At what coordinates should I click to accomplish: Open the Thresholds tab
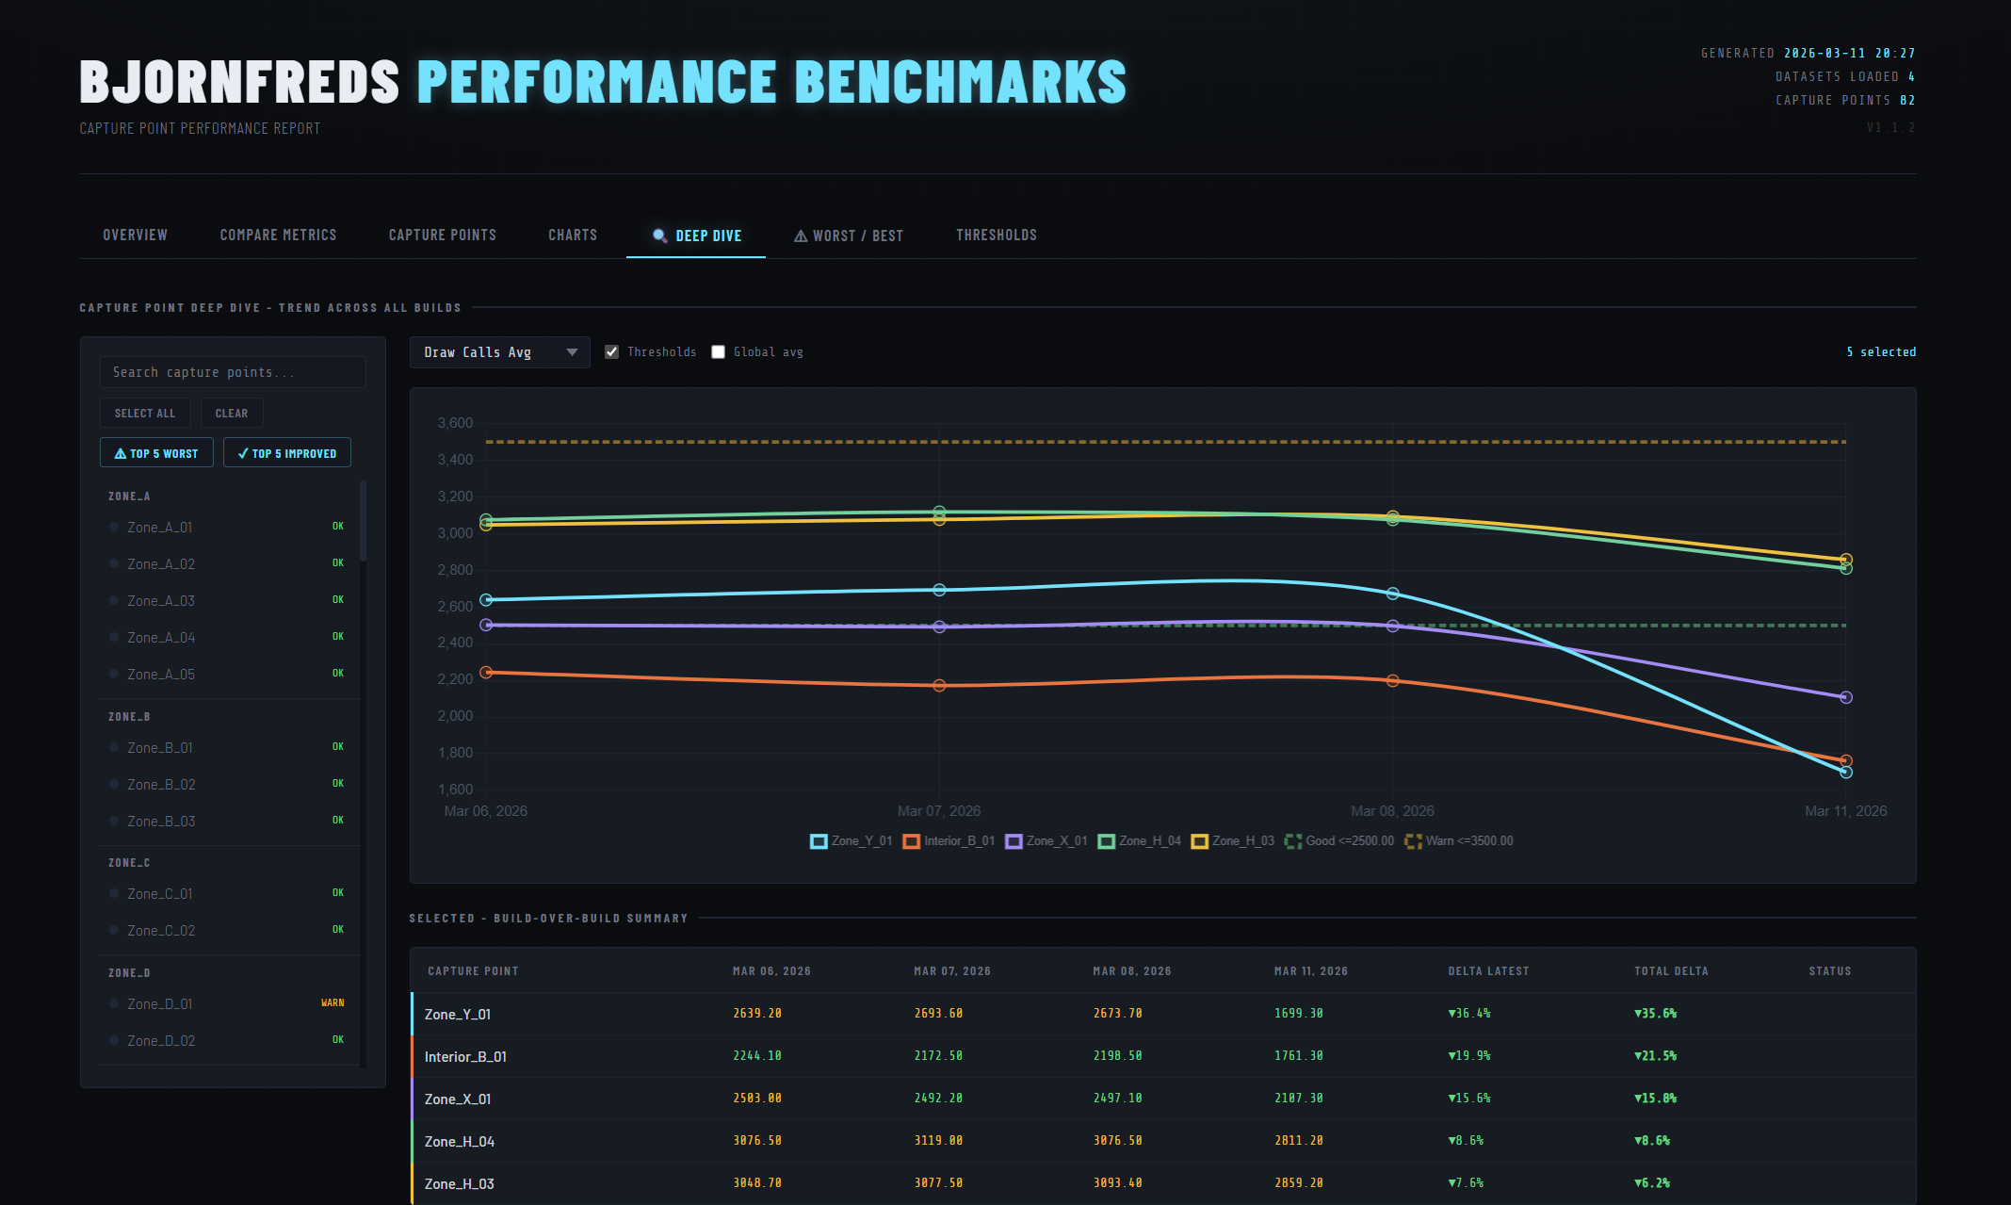996,236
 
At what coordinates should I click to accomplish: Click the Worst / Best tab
849,236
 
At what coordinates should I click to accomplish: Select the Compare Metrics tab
278,236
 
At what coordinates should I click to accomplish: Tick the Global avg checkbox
719,352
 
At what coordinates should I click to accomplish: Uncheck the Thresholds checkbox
612,352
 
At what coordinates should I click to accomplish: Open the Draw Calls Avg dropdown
499,352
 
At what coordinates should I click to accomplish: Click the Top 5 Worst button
156,453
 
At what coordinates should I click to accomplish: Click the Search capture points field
233,372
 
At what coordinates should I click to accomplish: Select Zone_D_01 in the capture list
160,1004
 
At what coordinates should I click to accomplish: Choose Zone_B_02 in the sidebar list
161,785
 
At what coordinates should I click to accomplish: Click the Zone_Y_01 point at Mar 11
1845,773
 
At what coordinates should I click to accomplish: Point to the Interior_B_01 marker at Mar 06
486,673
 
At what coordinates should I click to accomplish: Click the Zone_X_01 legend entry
1046,841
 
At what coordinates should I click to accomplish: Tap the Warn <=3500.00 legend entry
1459,841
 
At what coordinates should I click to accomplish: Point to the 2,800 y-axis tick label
455,570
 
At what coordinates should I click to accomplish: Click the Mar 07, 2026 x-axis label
938,811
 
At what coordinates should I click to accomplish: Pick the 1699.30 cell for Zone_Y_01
1298,1014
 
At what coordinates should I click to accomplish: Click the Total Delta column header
1670,971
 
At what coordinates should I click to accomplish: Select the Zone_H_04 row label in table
459,1142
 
